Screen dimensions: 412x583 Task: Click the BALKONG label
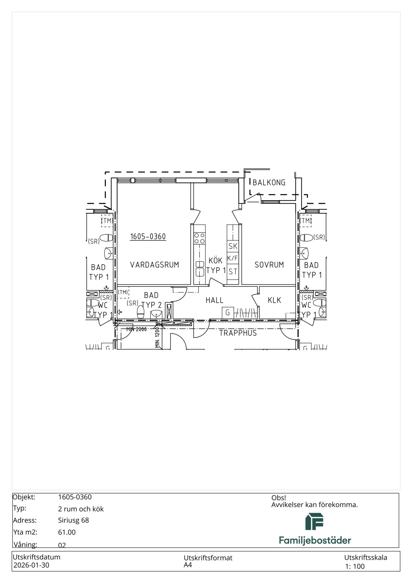[269, 182]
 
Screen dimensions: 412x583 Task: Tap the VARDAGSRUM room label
[155, 265]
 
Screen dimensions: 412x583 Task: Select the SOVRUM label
[269, 265]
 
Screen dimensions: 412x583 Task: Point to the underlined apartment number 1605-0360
[148, 236]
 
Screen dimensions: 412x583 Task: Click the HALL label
[214, 300]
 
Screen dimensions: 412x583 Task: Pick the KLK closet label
[274, 300]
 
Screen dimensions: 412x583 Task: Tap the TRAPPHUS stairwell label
[238, 333]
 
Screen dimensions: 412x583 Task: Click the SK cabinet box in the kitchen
[233, 246]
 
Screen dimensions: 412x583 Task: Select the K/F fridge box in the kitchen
[233, 258]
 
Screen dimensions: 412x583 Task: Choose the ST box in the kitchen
[233, 272]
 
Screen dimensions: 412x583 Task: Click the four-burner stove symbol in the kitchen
[200, 238]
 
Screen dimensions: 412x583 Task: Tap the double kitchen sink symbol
[200, 268]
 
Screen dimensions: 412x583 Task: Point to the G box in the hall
[228, 313]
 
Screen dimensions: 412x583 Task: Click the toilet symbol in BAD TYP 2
[141, 312]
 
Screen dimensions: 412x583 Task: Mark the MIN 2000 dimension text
[136, 329]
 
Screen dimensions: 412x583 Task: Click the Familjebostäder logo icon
[314, 521]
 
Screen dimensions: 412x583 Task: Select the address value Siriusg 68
[73, 520]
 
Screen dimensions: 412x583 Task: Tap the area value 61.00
[67, 532]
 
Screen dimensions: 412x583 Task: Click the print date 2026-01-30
[31, 565]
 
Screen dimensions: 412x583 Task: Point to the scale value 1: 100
[355, 566]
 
